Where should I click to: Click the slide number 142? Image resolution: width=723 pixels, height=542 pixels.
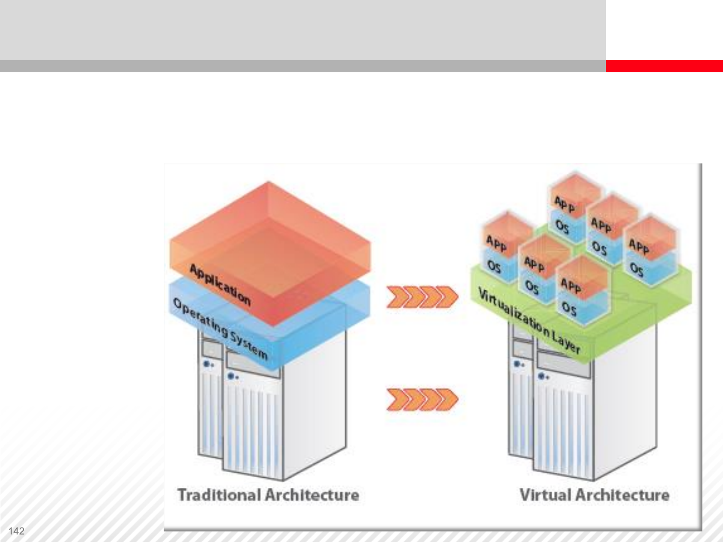point(17,531)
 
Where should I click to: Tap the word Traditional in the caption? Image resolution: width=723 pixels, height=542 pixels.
point(219,495)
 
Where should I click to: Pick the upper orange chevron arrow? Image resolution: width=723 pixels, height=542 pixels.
point(422,297)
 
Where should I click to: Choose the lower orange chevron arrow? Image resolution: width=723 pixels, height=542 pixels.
point(422,399)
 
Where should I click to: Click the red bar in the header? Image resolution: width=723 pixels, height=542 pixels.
point(664,66)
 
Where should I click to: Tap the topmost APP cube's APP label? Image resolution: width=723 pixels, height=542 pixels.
point(565,204)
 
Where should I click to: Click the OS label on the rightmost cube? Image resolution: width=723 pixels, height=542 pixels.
point(637,270)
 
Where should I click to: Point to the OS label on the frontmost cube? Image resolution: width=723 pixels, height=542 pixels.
point(569,308)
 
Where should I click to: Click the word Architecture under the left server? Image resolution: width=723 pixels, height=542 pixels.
point(312,495)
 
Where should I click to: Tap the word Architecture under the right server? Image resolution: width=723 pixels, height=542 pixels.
point(623,495)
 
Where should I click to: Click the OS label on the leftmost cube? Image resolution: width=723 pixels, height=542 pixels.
point(494,266)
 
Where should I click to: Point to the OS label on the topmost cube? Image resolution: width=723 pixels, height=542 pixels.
point(562,227)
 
